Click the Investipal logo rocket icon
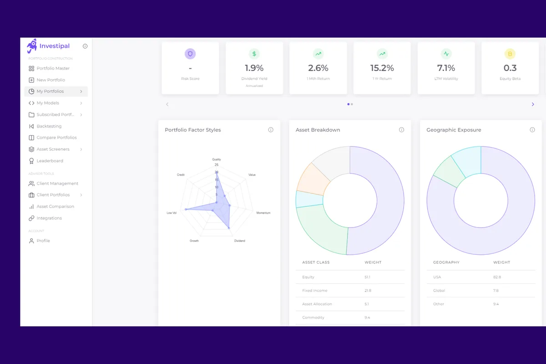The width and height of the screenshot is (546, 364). [31, 46]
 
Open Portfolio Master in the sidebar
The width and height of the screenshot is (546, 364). [53, 68]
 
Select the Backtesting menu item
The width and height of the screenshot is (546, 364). [49, 126]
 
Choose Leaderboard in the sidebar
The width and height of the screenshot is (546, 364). [50, 161]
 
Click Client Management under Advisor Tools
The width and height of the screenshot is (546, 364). [57, 183]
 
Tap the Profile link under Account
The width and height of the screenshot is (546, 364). [43, 241]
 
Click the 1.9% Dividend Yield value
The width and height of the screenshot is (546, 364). [254, 68]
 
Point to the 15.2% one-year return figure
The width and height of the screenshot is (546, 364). [382, 68]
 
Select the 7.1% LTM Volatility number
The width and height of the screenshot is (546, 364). [446, 68]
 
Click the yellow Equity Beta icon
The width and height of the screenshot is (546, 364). [510, 54]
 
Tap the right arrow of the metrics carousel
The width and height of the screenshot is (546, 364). [533, 104]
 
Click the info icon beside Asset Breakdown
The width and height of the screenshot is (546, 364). [401, 130]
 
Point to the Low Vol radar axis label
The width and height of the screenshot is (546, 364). [172, 213]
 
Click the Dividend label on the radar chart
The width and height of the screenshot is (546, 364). [239, 241]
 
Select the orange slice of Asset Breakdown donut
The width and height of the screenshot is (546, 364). [313, 178]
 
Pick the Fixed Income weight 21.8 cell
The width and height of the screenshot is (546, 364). [368, 290]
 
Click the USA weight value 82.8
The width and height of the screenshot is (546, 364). [497, 277]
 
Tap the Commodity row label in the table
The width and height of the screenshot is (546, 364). [313, 318]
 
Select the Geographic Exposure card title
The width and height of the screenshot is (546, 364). [454, 130]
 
